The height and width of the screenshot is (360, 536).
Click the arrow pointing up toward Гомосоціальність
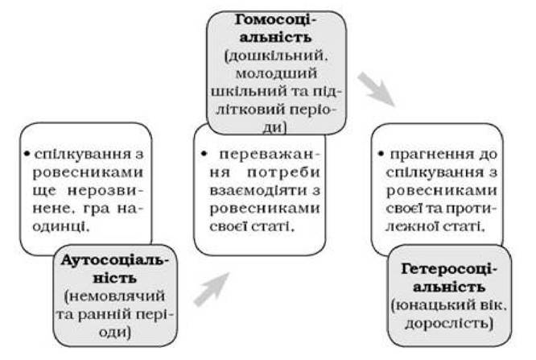tap(212, 289)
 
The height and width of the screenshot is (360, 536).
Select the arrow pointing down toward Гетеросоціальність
tap(377, 89)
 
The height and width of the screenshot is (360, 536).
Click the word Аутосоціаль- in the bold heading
tap(115, 260)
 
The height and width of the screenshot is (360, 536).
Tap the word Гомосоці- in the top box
tap(276, 20)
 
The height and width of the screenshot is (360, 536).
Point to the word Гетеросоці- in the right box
tap(448, 269)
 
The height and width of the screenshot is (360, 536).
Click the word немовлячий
tap(114, 296)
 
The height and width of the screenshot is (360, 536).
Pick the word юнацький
tap(430, 305)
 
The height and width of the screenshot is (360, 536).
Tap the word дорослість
tap(449, 324)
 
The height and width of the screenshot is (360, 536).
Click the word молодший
tap(276, 73)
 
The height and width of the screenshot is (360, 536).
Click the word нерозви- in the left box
tap(105, 190)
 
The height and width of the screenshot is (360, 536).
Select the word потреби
tap(283, 172)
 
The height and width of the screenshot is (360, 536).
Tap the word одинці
tap(60, 226)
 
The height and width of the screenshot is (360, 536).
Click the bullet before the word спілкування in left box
tap(27, 154)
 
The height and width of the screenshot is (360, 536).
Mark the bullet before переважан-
tap(204, 154)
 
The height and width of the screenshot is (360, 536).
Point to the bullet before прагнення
tap(381, 154)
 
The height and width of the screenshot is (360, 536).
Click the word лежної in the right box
tap(411, 226)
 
